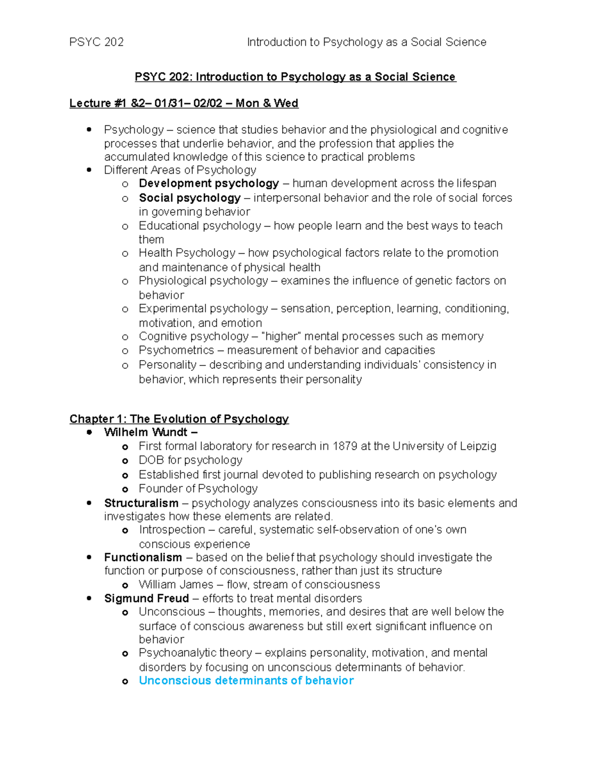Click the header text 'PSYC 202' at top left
pyautogui.click(x=97, y=42)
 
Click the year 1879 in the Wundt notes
pyautogui.click(x=345, y=446)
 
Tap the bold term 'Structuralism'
pyautogui.click(x=141, y=503)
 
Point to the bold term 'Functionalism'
pyautogui.click(x=143, y=557)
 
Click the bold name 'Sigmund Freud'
pyautogui.click(x=146, y=598)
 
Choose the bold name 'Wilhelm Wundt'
pyautogui.click(x=146, y=432)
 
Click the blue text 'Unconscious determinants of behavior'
pyautogui.click(x=246, y=680)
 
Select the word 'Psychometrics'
pyautogui.click(x=176, y=350)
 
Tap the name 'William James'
pyautogui.click(x=176, y=585)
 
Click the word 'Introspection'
pyautogui.click(x=172, y=530)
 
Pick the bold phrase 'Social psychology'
pyautogui.click(x=190, y=198)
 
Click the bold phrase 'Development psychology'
pyautogui.click(x=209, y=183)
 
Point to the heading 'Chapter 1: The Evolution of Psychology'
pyautogui.click(x=179, y=419)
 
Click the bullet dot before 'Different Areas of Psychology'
pyautogui.click(x=89, y=170)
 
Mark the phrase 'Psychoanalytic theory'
pyautogui.click(x=195, y=653)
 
